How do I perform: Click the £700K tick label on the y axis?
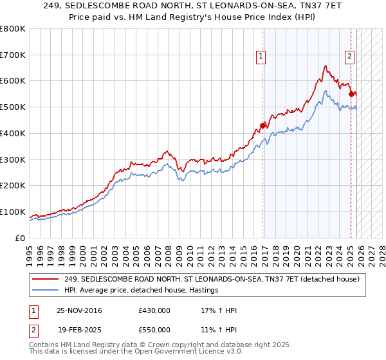tap(13, 55)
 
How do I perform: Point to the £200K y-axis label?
tap(13, 185)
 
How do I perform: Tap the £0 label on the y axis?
tap(20, 238)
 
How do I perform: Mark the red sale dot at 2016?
tap(262, 125)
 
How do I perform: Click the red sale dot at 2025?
tap(351, 94)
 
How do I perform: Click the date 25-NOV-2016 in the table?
tap(79, 310)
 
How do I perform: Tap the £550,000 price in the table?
tap(154, 328)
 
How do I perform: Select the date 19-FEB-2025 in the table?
tap(79, 328)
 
